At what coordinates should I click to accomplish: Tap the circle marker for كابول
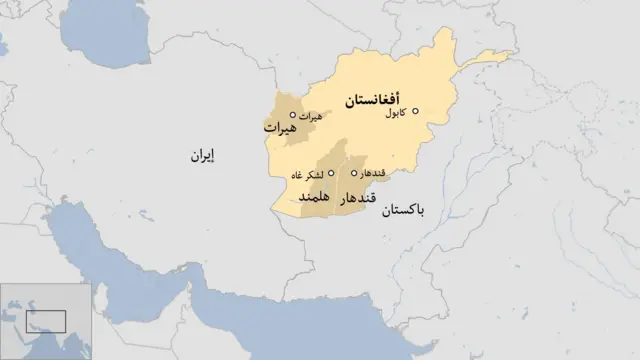[x=416, y=111]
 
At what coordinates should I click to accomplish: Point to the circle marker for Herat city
[x=292, y=115]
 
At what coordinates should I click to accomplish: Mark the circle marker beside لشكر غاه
[x=331, y=172]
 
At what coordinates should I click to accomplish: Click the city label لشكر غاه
[x=308, y=176]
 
